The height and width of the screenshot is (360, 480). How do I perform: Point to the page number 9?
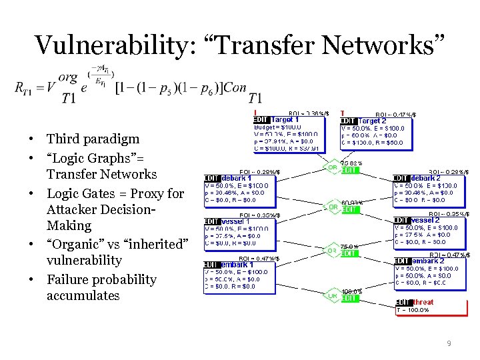point(449,343)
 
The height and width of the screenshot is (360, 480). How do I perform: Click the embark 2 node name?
point(427,261)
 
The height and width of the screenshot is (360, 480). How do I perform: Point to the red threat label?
point(423,302)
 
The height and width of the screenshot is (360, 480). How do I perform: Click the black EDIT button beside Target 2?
point(348,121)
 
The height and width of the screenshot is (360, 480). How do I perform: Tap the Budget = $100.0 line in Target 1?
point(277,127)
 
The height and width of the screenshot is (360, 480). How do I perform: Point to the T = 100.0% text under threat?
point(413,310)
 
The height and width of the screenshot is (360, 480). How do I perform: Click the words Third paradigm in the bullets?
point(93,139)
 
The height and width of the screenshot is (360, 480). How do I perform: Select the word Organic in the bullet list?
point(73,244)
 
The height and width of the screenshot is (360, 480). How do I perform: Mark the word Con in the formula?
point(234,87)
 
